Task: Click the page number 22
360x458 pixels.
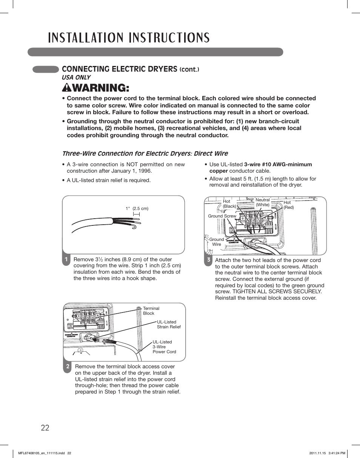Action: [x=45, y=427]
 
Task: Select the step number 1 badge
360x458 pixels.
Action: [x=66, y=259]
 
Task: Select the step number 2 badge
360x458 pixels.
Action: [x=68, y=366]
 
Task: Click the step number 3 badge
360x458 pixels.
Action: [x=208, y=260]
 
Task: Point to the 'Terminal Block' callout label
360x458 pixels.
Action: [x=151, y=311]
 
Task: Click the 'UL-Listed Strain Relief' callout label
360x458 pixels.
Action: [x=169, y=325]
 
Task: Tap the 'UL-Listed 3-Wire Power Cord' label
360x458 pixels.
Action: [x=164, y=347]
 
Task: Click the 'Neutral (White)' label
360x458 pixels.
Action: [x=263, y=202]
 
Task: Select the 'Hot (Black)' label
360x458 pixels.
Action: [x=229, y=204]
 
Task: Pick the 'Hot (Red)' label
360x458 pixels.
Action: [x=289, y=205]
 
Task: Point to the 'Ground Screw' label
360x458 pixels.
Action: [x=222, y=216]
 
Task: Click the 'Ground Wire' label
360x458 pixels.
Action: [x=217, y=242]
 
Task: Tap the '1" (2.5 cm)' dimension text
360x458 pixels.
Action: [x=137, y=208]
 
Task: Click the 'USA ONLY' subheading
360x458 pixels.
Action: [x=76, y=77]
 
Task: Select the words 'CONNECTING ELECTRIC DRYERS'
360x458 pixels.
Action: [x=119, y=69]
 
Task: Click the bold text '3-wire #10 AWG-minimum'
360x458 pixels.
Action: [x=278, y=164]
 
